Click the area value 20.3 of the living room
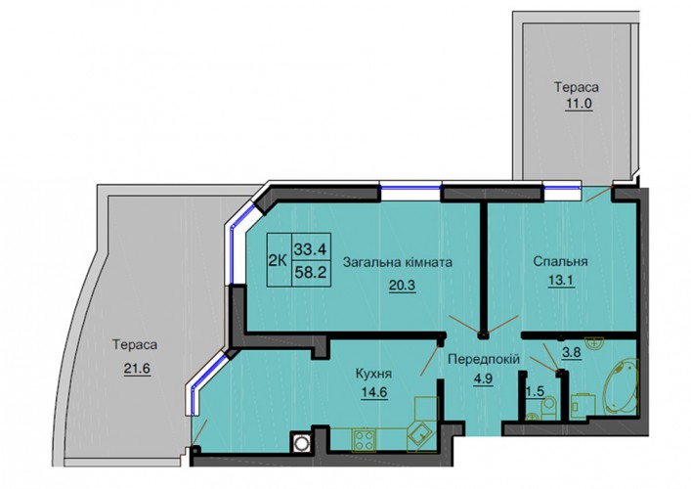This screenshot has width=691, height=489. pos(402,286)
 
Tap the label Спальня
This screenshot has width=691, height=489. pos(561,261)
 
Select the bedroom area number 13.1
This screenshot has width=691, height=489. pos(561,281)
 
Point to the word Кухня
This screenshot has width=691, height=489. pos(373,375)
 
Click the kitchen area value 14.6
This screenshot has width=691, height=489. pos(374,392)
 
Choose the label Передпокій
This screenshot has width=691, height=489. pos(484,359)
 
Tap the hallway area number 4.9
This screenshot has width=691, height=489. pos(483,379)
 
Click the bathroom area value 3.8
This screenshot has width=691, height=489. pos(572,352)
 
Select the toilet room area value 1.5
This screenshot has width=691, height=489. pos(535,391)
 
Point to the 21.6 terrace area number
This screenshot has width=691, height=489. pos(137,368)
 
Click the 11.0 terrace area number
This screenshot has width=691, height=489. pos(579,104)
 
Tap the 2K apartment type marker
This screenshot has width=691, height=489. pos(278,260)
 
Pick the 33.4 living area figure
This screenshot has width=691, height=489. pos(310,250)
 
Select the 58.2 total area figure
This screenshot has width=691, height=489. pos(310,273)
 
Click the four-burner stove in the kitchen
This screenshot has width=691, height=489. pos(364,440)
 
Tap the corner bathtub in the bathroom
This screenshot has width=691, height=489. pos(621,387)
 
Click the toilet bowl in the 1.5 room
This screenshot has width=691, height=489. pos(548,406)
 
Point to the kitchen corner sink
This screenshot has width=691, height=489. pos(421,435)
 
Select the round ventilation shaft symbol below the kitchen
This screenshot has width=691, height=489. pos(302,443)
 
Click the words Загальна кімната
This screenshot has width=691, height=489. pos(398,263)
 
